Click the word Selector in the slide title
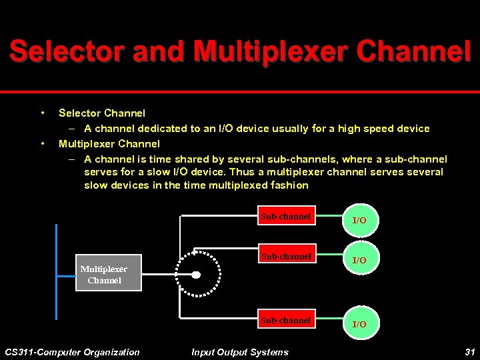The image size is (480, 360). (x=67, y=51)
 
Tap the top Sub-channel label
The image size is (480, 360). (x=286, y=217)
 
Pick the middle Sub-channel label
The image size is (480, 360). (x=286, y=257)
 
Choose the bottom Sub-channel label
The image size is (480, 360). (x=286, y=321)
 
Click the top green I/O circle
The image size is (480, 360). (x=359, y=219)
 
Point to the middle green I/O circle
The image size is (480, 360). (x=359, y=259)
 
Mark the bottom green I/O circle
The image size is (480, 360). (x=359, y=323)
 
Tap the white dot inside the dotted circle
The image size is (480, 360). (x=196, y=275)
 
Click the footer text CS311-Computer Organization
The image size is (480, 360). (x=72, y=352)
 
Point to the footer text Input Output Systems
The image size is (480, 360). (x=240, y=352)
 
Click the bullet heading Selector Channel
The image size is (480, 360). (x=102, y=113)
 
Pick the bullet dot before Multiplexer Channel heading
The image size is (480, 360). (x=43, y=143)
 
